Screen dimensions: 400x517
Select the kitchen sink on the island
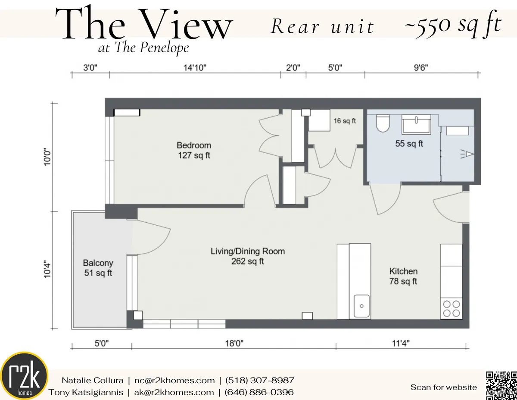pos(361,306)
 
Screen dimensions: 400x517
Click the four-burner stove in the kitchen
pos(451,308)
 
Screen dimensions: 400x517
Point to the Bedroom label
pos(194,150)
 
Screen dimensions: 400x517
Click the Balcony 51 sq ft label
pos(98,268)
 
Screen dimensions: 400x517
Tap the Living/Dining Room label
pos(247,256)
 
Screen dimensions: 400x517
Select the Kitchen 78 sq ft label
pos(403,276)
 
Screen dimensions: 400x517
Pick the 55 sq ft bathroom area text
pos(409,144)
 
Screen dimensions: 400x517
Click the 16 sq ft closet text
pos(345,121)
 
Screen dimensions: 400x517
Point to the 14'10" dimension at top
pos(195,67)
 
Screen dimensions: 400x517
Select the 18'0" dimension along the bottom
pos(234,344)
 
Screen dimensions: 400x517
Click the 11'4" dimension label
pos(401,344)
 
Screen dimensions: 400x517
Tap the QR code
pos(501,385)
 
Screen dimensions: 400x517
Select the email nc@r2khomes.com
pos(173,381)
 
